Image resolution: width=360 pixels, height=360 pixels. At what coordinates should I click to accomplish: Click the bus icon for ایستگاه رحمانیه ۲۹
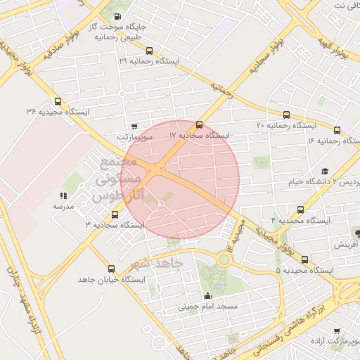pyautogui.click(x=148, y=51)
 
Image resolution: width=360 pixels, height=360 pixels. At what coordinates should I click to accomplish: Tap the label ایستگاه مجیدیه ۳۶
pyautogui.click(x=58, y=112)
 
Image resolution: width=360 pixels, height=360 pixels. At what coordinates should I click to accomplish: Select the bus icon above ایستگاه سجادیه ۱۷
pyautogui.click(x=199, y=124)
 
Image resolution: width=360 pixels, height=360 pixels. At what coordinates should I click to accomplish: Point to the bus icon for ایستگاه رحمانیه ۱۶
pyautogui.click(x=337, y=129)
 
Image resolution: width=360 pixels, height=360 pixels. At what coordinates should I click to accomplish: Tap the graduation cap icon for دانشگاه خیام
pyautogui.click(x=325, y=171)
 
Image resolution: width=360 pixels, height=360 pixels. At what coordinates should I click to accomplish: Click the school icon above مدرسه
pyautogui.click(x=63, y=196)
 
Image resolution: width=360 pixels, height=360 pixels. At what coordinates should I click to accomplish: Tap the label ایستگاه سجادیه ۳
pyautogui.click(x=115, y=225)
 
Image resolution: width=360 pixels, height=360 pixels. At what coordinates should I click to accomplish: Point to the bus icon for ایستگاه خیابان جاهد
pyautogui.click(x=110, y=269)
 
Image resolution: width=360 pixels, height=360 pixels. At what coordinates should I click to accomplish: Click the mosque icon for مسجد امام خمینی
pyautogui.click(x=207, y=295)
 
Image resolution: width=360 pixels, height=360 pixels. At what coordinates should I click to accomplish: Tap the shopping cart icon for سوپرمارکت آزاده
pyautogui.click(x=337, y=330)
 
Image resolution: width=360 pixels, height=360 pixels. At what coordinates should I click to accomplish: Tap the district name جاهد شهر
pyautogui.click(x=157, y=263)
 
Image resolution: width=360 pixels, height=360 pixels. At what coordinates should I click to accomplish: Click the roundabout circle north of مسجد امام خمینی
pyautogui.click(x=224, y=259)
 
